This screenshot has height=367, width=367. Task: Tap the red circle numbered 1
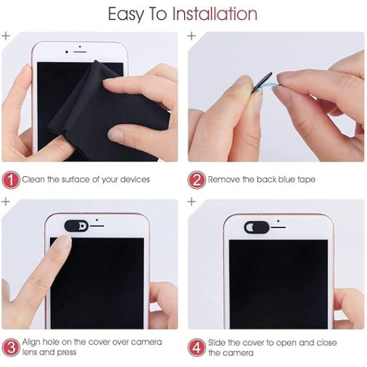[x=11, y=179]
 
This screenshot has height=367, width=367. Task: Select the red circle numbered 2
[x=197, y=179]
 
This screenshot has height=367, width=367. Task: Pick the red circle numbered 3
[x=11, y=347]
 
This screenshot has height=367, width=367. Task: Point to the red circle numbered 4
[x=197, y=347]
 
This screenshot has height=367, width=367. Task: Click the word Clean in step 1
[x=34, y=179]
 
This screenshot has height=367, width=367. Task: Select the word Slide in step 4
[x=219, y=342]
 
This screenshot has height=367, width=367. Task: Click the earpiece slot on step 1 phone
[x=79, y=53]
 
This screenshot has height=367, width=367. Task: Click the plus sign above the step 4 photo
[x=192, y=200]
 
